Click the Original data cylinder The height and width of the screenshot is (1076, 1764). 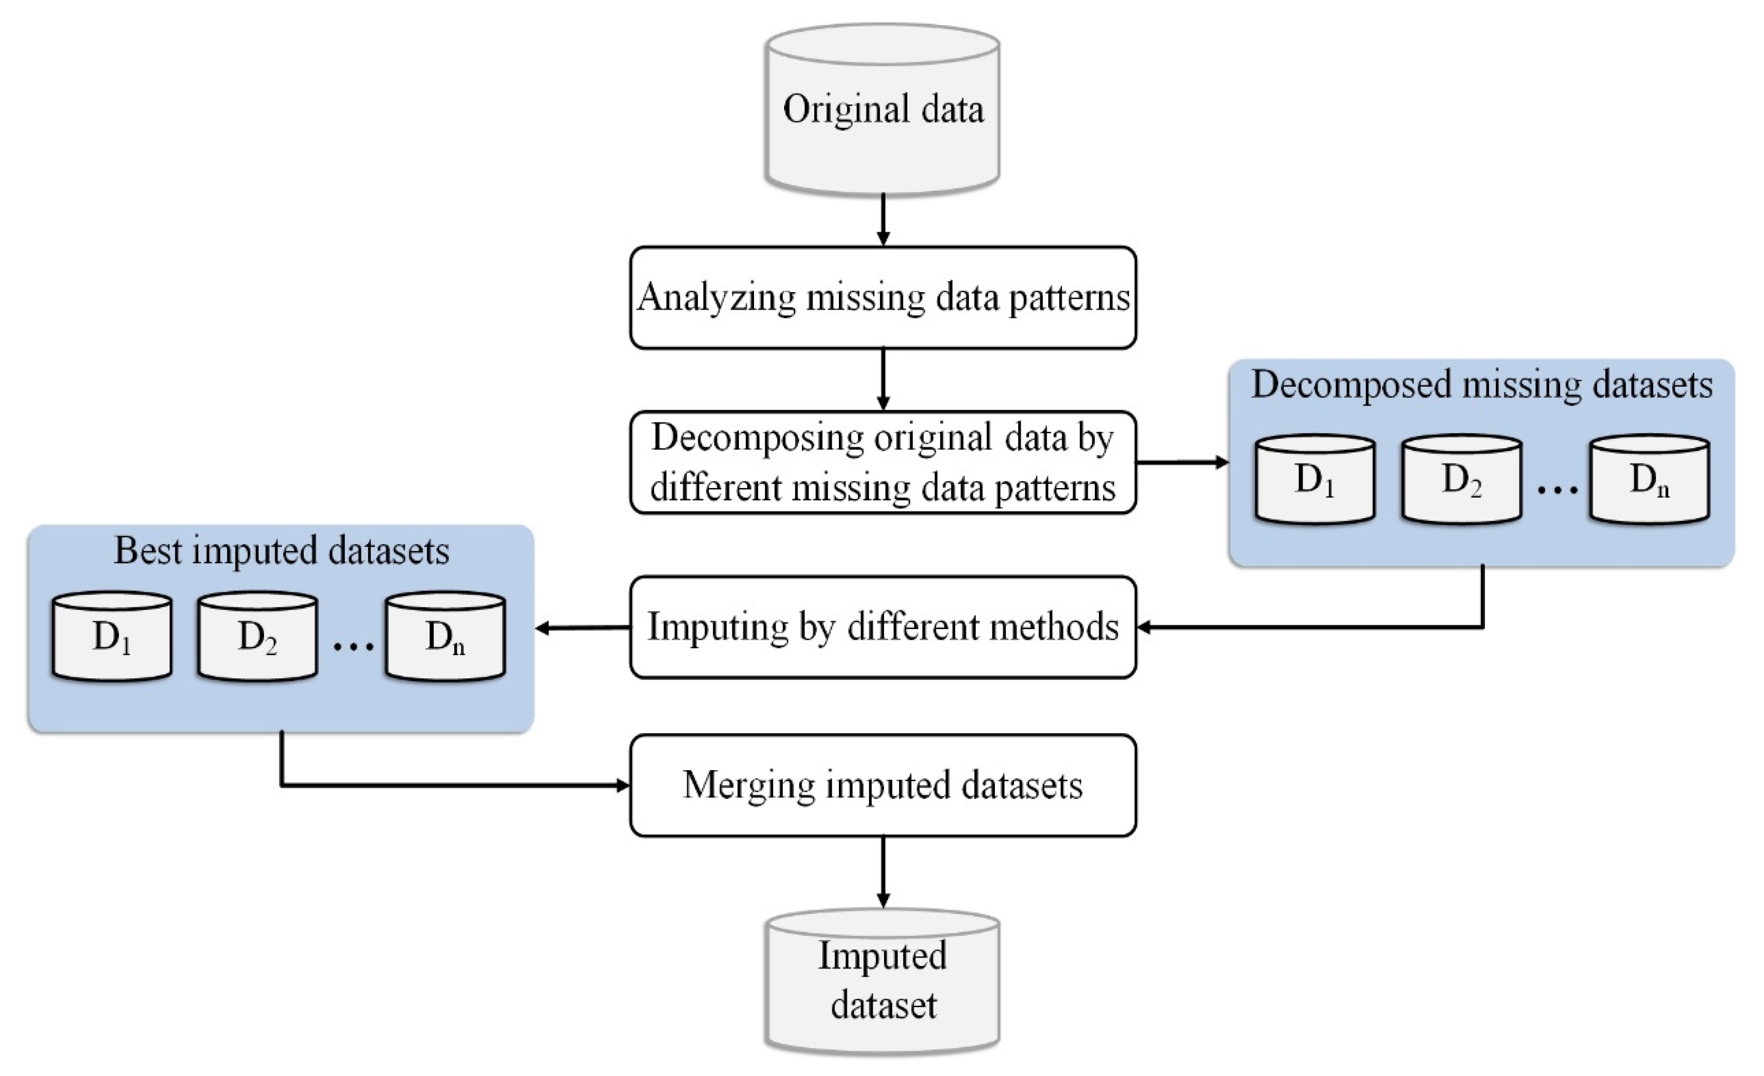[882, 111]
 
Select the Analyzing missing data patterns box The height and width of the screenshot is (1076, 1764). [883, 298]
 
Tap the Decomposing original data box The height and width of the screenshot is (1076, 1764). [883, 462]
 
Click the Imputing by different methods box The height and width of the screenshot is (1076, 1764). [883, 627]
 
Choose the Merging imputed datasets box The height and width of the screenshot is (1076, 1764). [883, 785]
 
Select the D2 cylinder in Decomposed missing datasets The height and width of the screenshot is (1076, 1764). [1461, 480]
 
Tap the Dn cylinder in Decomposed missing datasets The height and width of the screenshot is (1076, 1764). [1650, 480]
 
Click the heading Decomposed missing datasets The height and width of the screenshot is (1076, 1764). [1481, 385]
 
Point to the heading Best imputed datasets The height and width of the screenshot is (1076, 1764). [281, 550]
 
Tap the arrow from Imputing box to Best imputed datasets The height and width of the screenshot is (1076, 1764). [583, 628]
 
